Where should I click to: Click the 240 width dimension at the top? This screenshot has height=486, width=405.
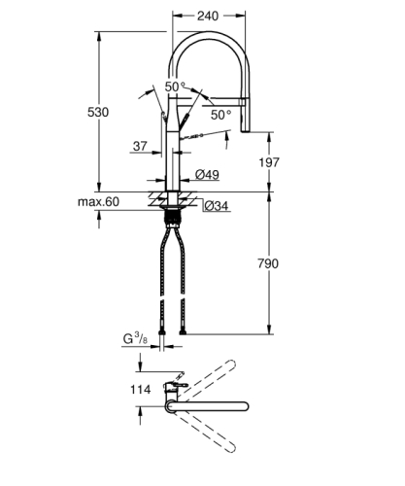206,16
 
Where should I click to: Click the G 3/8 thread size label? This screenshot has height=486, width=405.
135,339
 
